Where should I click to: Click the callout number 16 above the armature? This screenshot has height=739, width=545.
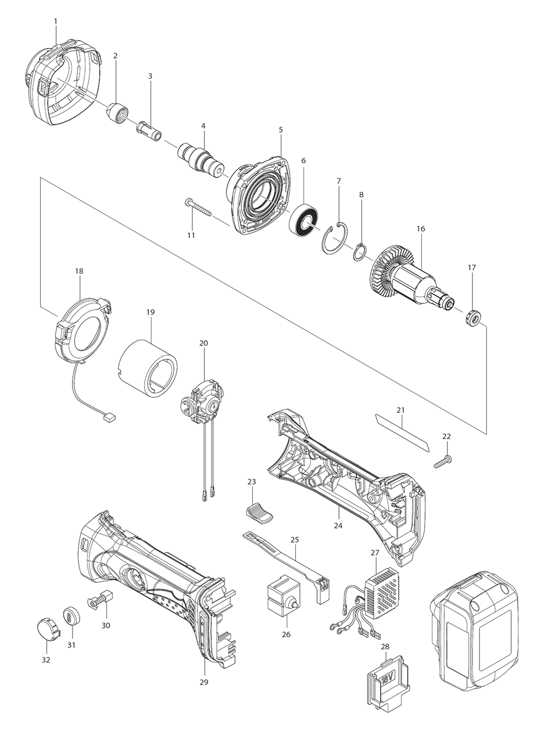click(421, 229)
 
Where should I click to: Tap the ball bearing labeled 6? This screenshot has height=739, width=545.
click(304, 220)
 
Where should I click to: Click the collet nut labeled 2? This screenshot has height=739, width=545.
click(118, 113)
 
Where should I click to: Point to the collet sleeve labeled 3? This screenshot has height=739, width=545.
click(149, 130)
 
